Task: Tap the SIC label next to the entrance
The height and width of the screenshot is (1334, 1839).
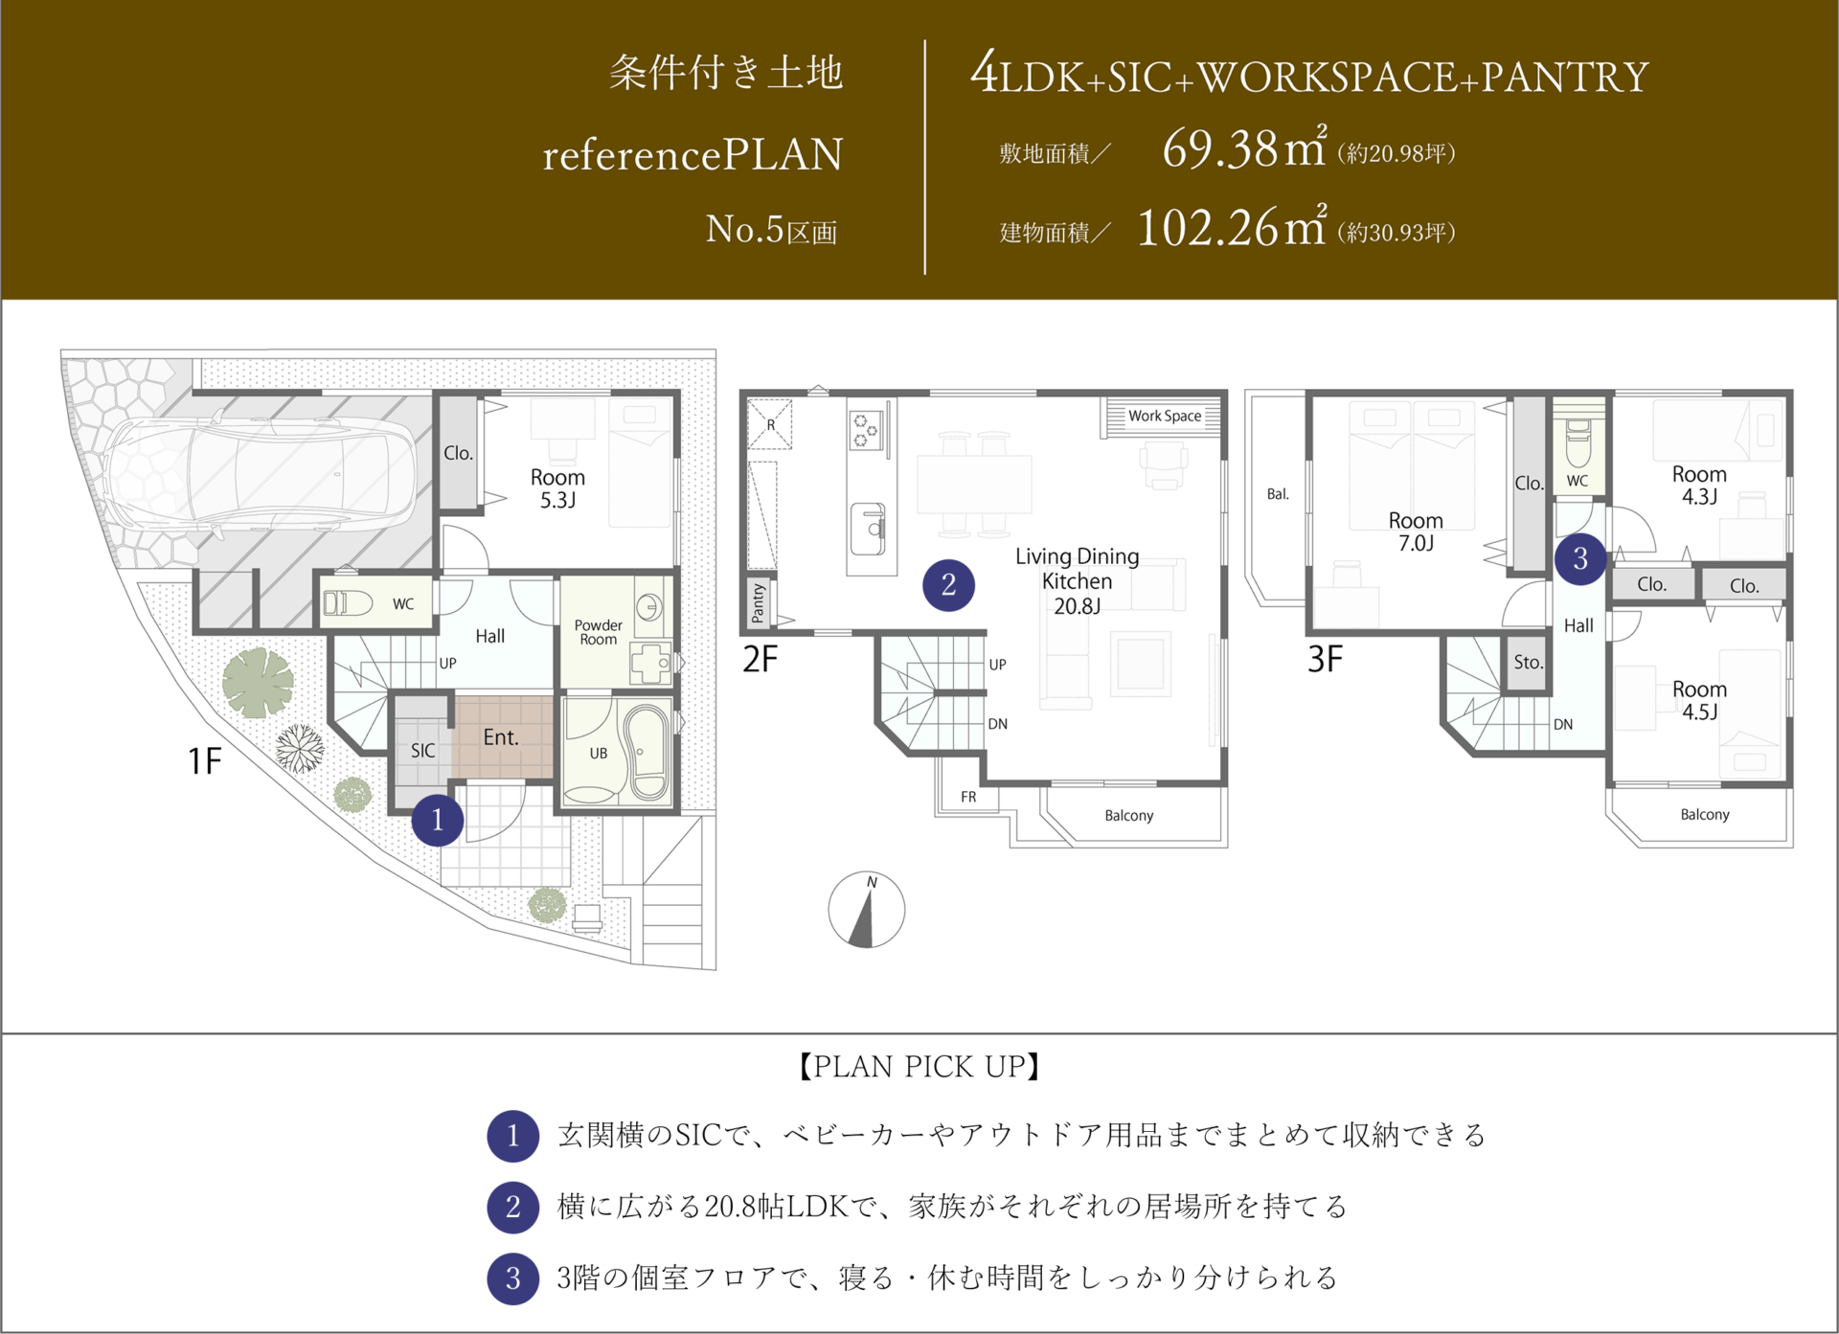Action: pos(422,751)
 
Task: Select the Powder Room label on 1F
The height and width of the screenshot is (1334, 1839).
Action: pos(599,632)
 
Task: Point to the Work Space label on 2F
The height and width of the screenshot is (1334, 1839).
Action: pos(1165,416)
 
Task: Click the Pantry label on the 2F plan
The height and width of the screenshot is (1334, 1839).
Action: pos(759,603)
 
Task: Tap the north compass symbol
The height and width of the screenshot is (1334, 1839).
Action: pos(867,910)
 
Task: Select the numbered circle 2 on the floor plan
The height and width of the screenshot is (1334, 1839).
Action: pos(948,585)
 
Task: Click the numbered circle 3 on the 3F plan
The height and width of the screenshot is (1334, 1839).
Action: pos(1580,558)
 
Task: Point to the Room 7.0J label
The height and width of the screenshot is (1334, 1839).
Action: pos(1416,531)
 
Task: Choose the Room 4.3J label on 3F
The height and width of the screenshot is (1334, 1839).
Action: pos(1699,486)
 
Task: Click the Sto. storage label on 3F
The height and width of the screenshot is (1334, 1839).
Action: pos(1528,662)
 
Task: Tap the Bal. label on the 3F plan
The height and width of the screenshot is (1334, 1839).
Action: pos(1278,494)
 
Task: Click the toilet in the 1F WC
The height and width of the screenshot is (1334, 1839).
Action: pos(348,603)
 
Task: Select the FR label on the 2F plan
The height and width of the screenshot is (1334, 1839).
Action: pos(968,797)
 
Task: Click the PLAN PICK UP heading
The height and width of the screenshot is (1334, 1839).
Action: pos(919,1067)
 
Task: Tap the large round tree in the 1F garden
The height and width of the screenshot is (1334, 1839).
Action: pos(258,683)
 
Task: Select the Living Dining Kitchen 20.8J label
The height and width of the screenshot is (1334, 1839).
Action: pos(1078,581)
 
